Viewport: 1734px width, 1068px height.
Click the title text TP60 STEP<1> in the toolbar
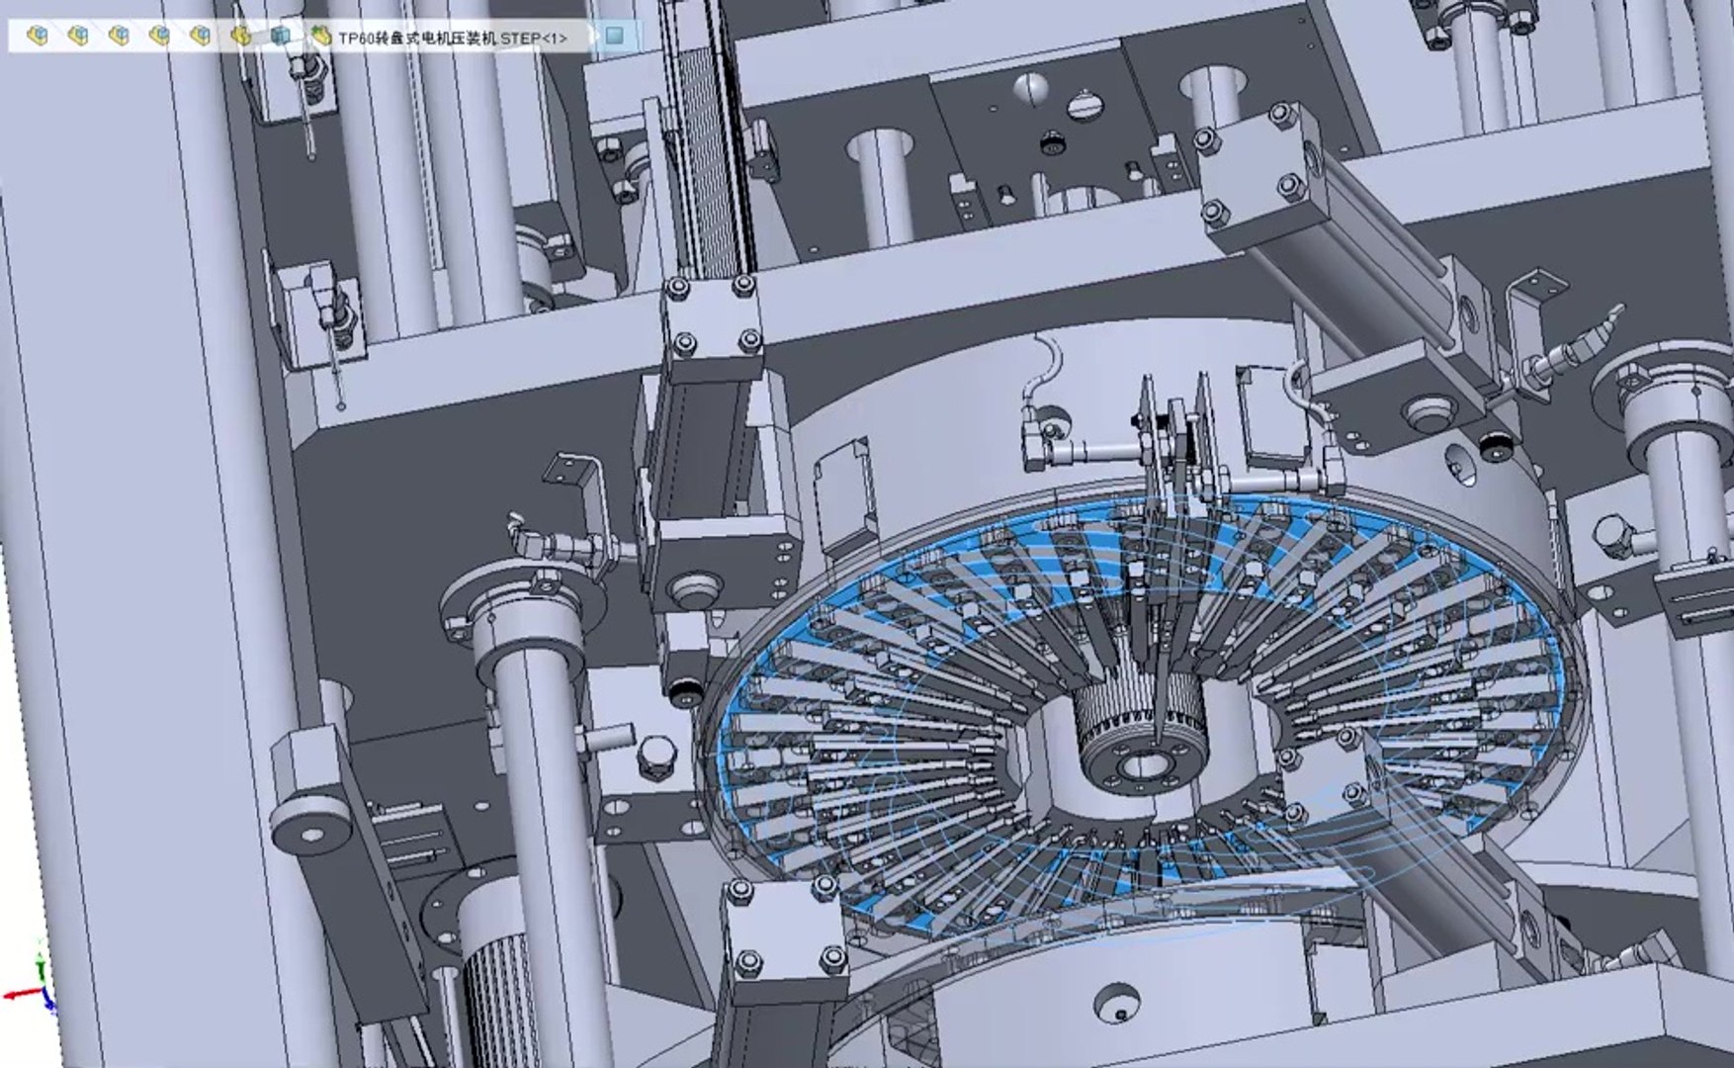point(453,38)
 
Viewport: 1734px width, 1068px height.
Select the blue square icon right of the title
point(615,37)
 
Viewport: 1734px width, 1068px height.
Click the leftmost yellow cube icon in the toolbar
point(38,37)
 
